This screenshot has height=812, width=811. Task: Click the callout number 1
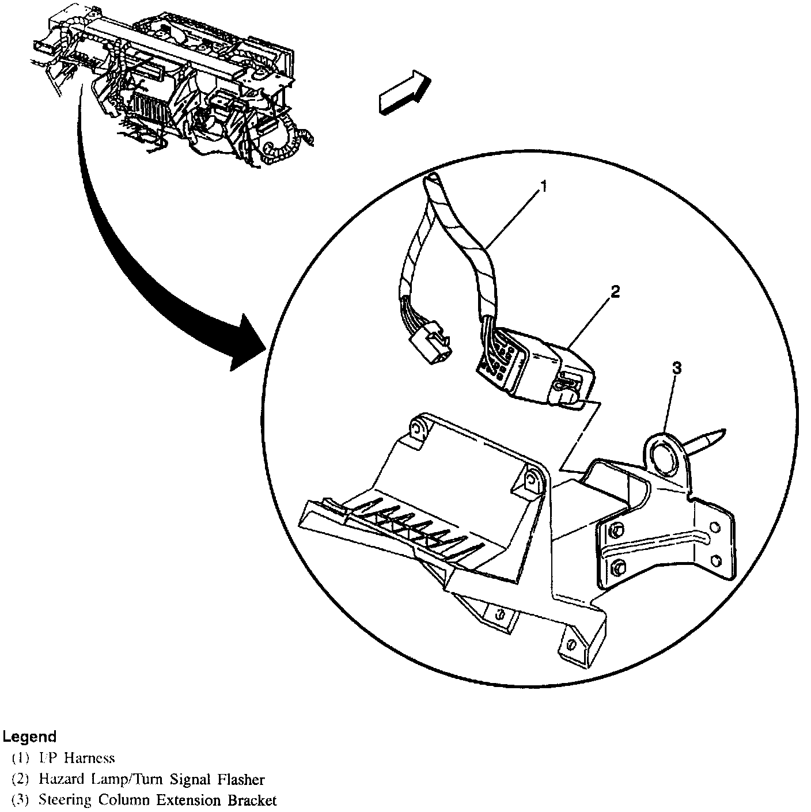click(543, 187)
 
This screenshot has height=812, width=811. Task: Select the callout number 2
click(615, 291)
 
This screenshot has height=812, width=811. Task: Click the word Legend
click(29, 737)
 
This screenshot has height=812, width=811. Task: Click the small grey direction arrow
click(404, 92)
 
